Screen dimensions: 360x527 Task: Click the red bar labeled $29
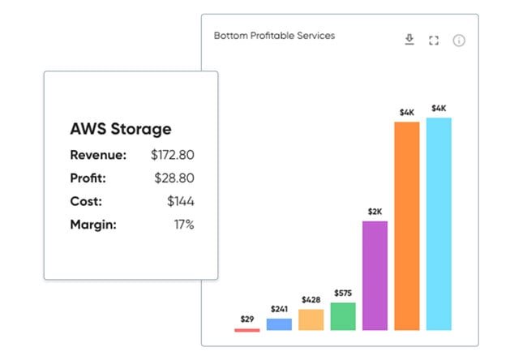[x=247, y=329]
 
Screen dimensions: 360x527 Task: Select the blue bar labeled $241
[x=279, y=324]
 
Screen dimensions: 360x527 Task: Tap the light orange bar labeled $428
[x=311, y=319]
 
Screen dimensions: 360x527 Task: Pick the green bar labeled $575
[x=343, y=316]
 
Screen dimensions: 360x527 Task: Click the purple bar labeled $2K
[x=375, y=276]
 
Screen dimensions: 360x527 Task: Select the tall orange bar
[x=406, y=226]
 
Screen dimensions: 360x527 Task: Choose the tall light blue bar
[x=439, y=224]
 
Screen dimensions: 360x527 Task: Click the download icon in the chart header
[x=409, y=40]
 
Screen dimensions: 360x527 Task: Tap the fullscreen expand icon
[x=434, y=41]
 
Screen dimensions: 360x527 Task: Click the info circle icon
[x=459, y=41]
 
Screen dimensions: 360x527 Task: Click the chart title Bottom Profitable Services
[x=274, y=36]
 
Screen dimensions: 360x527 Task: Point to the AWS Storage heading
[x=121, y=129]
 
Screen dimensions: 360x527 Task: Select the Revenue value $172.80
[x=173, y=154]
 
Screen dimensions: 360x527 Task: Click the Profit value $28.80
[x=175, y=178]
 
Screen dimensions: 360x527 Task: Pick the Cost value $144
[x=181, y=201]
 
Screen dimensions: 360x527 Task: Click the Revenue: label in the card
[x=98, y=154]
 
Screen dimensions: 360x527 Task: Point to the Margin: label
[x=93, y=225]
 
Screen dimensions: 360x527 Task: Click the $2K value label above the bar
[x=375, y=211]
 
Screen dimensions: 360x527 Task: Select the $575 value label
[x=343, y=292]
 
